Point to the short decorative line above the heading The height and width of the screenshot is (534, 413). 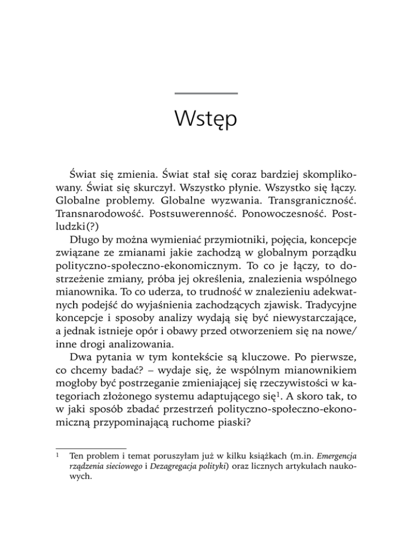(x=206, y=93)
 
